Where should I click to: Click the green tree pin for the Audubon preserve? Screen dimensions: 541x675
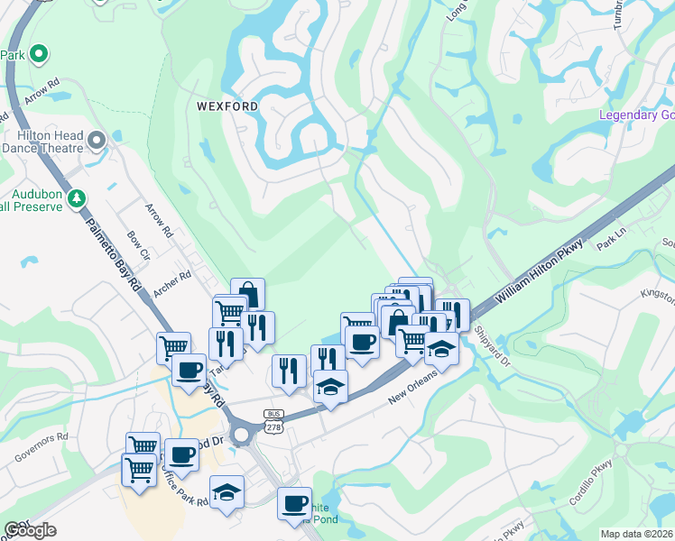click(x=78, y=197)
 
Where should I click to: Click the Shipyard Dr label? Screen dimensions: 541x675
click(x=493, y=347)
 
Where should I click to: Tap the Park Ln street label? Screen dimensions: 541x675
click(x=610, y=240)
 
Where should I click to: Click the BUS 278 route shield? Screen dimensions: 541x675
click(x=273, y=417)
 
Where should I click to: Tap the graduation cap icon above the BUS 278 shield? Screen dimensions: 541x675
click(x=331, y=387)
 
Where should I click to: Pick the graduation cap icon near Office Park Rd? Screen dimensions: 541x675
click(x=227, y=492)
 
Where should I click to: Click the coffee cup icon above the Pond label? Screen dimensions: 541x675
click(x=294, y=502)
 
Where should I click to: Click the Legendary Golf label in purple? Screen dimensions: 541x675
click(x=637, y=115)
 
